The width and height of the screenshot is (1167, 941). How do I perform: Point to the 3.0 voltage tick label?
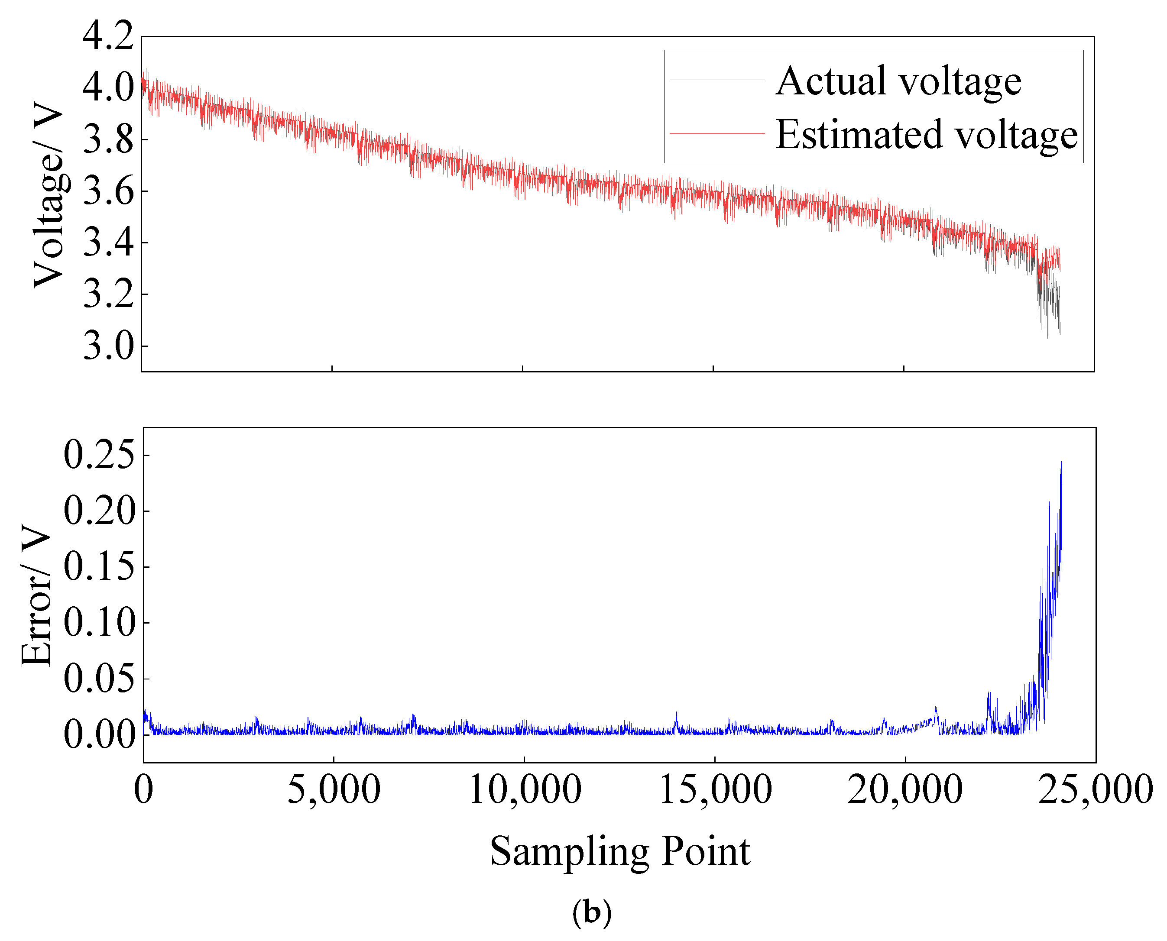coord(108,346)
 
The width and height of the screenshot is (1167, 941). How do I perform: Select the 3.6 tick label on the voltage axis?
coord(108,191)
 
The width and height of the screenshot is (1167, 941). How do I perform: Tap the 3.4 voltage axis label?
coord(108,243)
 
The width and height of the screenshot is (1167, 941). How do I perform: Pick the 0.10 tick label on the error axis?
coord(99,622)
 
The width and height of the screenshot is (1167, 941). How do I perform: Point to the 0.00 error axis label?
coord(99,734)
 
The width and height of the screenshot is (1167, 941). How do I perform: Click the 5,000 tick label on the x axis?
coord(333,790)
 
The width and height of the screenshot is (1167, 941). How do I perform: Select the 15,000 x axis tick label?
coord(715,790)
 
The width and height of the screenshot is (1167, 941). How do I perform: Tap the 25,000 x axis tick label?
coord(1095,790)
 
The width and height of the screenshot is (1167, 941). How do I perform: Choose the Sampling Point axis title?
coord(619,851)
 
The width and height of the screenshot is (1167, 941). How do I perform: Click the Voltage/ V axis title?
coord(49,195)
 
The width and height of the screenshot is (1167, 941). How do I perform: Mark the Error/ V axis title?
coord(37,595)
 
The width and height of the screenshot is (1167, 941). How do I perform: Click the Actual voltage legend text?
coord(898,81)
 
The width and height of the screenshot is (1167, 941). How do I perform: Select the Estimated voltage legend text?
coord(926,134)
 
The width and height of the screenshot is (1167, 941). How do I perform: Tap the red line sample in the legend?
coord(716,133)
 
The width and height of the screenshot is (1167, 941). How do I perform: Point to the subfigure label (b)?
coord(592,913)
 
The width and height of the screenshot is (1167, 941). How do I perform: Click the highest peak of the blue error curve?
coord(1061,463)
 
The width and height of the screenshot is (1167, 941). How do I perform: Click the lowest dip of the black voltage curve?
coord(1047,337)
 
